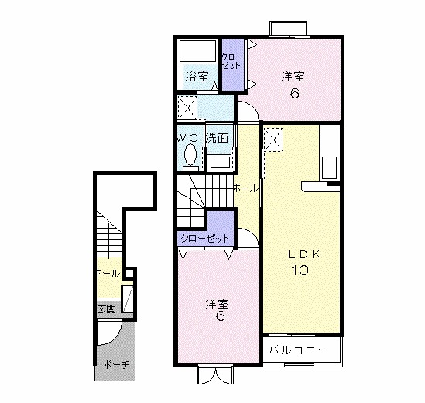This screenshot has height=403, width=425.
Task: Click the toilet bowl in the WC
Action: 190,154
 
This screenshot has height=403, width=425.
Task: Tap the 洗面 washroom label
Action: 218,138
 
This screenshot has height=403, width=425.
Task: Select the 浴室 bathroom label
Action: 197,76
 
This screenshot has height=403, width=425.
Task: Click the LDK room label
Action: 304,254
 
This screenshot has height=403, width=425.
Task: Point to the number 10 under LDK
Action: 300,270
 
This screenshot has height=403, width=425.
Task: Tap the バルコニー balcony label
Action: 298,350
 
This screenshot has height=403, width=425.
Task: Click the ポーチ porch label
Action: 116,364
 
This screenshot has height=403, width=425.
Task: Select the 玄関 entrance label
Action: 107,308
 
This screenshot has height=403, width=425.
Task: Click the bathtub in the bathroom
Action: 198,51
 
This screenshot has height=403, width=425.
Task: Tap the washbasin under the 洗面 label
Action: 220,162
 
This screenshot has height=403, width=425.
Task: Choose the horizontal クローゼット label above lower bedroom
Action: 205,238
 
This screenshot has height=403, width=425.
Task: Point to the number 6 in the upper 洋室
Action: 294,94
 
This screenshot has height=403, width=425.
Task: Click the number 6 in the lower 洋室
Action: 220,315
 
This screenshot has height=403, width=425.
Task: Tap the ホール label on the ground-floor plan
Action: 108,274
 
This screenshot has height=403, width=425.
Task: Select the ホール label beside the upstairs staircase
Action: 245,188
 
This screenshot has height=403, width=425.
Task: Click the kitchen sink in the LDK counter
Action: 329,167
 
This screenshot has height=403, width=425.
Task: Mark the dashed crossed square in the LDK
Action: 274,139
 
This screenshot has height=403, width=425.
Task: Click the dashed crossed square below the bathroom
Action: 187,108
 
